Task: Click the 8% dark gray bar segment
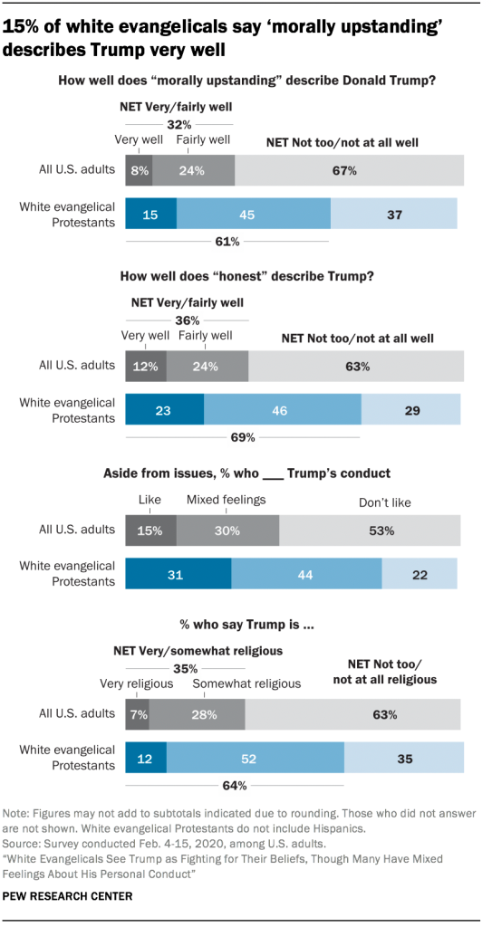coord(139,170)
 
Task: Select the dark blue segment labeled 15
coord(150,214)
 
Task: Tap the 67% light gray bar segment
coord(349,170)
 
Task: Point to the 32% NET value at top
coord(178,124)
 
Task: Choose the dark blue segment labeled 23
coord(164,409)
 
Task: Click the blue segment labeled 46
coord(282,409)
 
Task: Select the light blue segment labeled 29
coord(410,409)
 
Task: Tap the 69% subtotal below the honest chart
coord(243,437)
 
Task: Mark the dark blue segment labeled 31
coord(178,574)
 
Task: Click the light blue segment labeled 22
coord(419,574)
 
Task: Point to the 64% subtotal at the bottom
coord(234,786)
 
